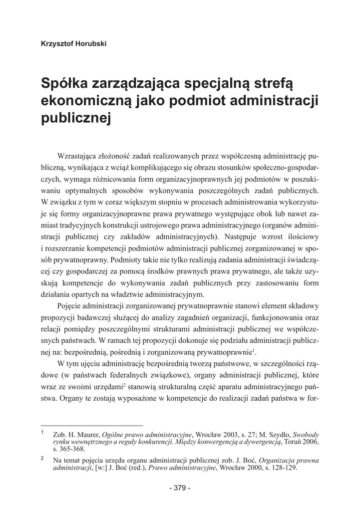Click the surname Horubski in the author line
tap(90, 43)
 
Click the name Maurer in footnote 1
tap(88, 435)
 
